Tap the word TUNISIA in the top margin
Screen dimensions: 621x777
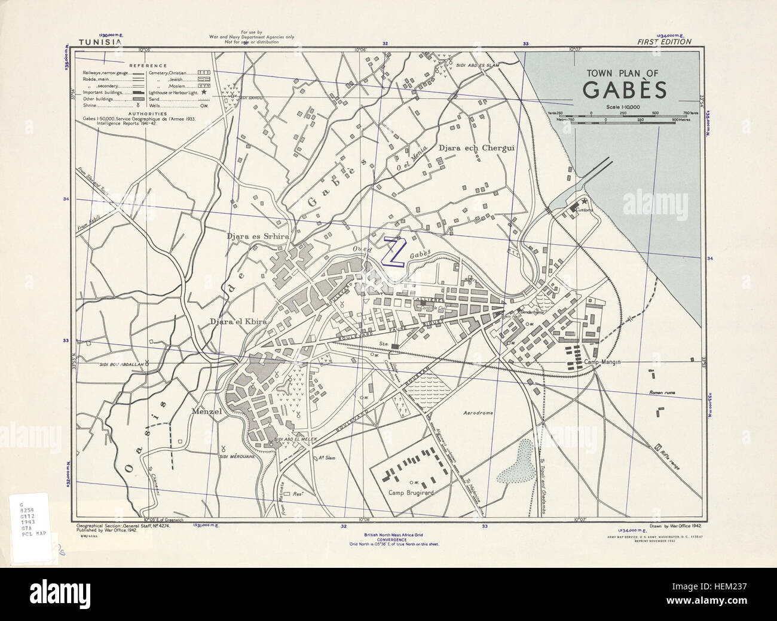pos(100,42)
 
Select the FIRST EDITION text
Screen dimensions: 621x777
pos(664,42)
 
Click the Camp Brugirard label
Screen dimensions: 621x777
pos(411,493)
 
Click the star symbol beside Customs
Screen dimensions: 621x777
pos(584,202)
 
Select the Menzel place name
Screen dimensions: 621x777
pos(207,411)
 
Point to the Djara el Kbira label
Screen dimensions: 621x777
pos(237,322)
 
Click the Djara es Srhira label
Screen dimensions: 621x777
pos(258,237)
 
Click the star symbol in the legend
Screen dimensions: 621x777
pos(204,93)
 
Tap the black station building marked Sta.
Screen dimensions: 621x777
pos(394,346)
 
